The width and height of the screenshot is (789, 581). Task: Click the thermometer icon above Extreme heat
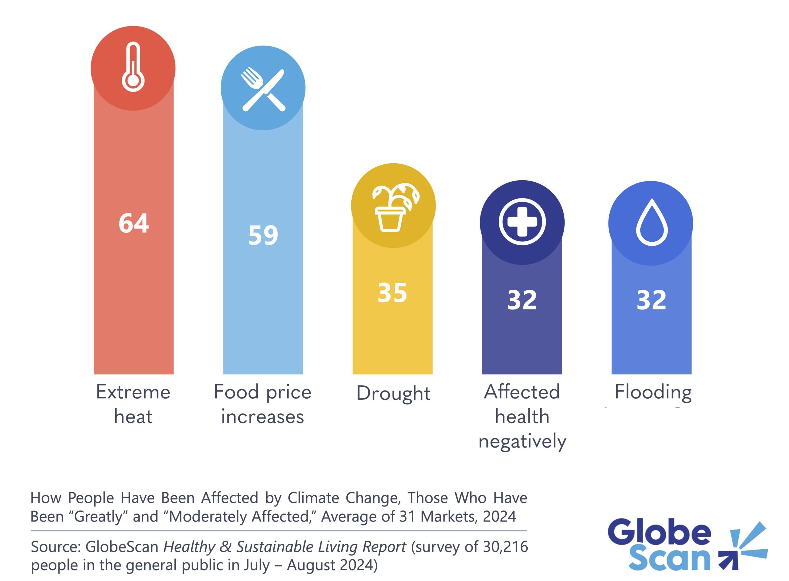click(x=133, y=67)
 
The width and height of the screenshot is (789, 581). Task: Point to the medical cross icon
click(x=522, y=222)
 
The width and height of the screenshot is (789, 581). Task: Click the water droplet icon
click(x=652, y=222)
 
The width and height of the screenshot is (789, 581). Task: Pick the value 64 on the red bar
click(x=134, y=223)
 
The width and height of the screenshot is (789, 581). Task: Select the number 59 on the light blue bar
click(x=263, y=235)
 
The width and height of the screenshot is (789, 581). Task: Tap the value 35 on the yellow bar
click(x=392, y=293)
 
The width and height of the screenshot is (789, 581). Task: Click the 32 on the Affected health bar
click(x=522, y=300)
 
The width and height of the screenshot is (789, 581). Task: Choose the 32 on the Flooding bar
click(x=651, y=300)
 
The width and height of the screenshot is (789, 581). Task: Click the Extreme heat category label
click(x=133, y=404)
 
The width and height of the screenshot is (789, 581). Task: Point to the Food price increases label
click(x=263, y=404)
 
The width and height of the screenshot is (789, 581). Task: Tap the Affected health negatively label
click(x=522, y=416)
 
